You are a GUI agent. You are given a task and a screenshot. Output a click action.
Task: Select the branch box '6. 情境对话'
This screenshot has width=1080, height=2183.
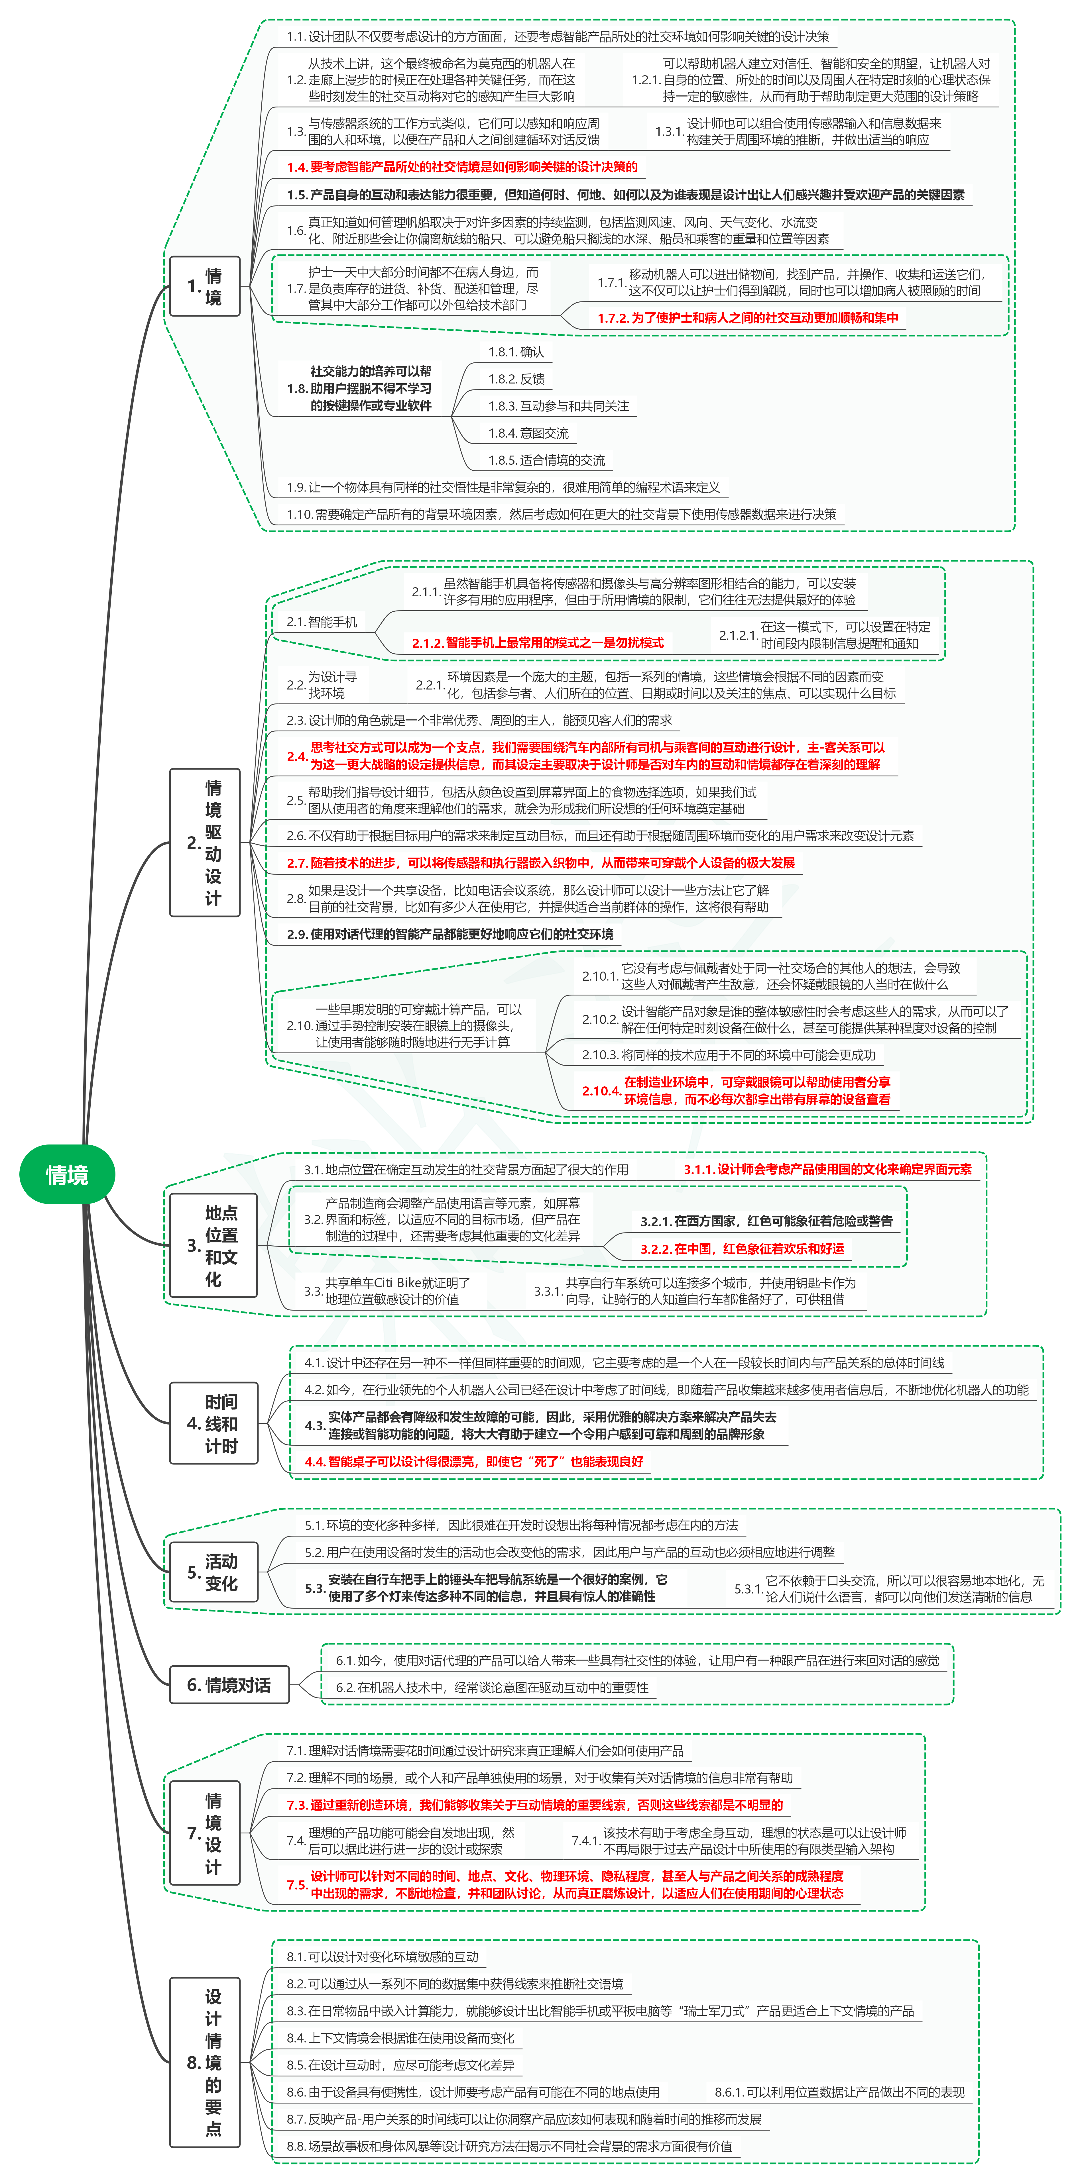(229, 1686)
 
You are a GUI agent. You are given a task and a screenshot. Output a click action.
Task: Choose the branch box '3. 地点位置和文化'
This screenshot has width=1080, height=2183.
(213, 1246)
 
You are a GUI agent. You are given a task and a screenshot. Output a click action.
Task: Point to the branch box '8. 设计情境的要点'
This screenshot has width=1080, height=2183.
(205, 2063)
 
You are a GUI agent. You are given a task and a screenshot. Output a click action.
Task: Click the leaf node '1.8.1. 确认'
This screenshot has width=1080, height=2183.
(516, 352)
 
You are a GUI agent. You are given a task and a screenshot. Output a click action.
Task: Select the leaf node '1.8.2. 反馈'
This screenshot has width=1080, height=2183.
(516, 379)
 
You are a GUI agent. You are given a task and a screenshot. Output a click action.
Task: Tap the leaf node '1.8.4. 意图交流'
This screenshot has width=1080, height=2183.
(528, 433)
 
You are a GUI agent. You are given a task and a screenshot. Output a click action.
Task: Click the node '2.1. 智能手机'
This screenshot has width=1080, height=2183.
(322, 622)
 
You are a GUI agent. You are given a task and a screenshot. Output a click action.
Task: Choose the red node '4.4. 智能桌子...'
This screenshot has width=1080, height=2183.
(474, 1462)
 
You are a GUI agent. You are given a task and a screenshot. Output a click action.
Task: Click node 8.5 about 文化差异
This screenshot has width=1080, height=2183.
(400, 2065)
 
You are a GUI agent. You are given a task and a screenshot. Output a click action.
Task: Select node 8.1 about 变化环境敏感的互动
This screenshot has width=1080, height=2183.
(382, 1957)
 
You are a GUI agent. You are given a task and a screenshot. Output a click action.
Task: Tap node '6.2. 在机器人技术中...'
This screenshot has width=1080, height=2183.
(492, 1687)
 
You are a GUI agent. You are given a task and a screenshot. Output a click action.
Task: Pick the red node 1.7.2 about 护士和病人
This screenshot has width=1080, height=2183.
(748, 318)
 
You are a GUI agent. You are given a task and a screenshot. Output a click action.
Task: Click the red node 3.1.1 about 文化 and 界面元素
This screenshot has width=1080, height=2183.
(827, 1170)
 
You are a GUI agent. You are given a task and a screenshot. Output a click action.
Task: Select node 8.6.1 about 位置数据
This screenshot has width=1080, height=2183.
(839, 2092)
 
